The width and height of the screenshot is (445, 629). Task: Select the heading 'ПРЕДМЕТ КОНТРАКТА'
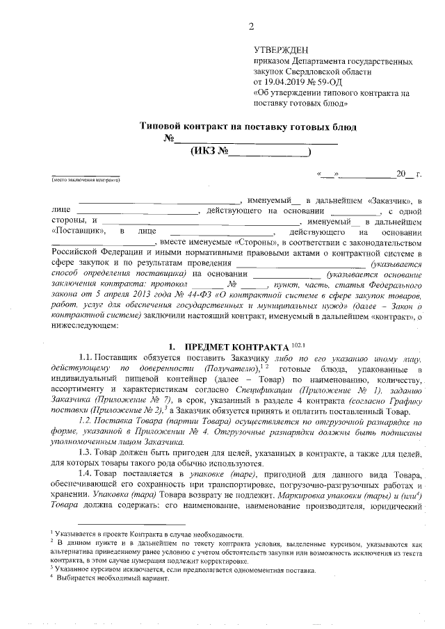[x=235, y=346]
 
